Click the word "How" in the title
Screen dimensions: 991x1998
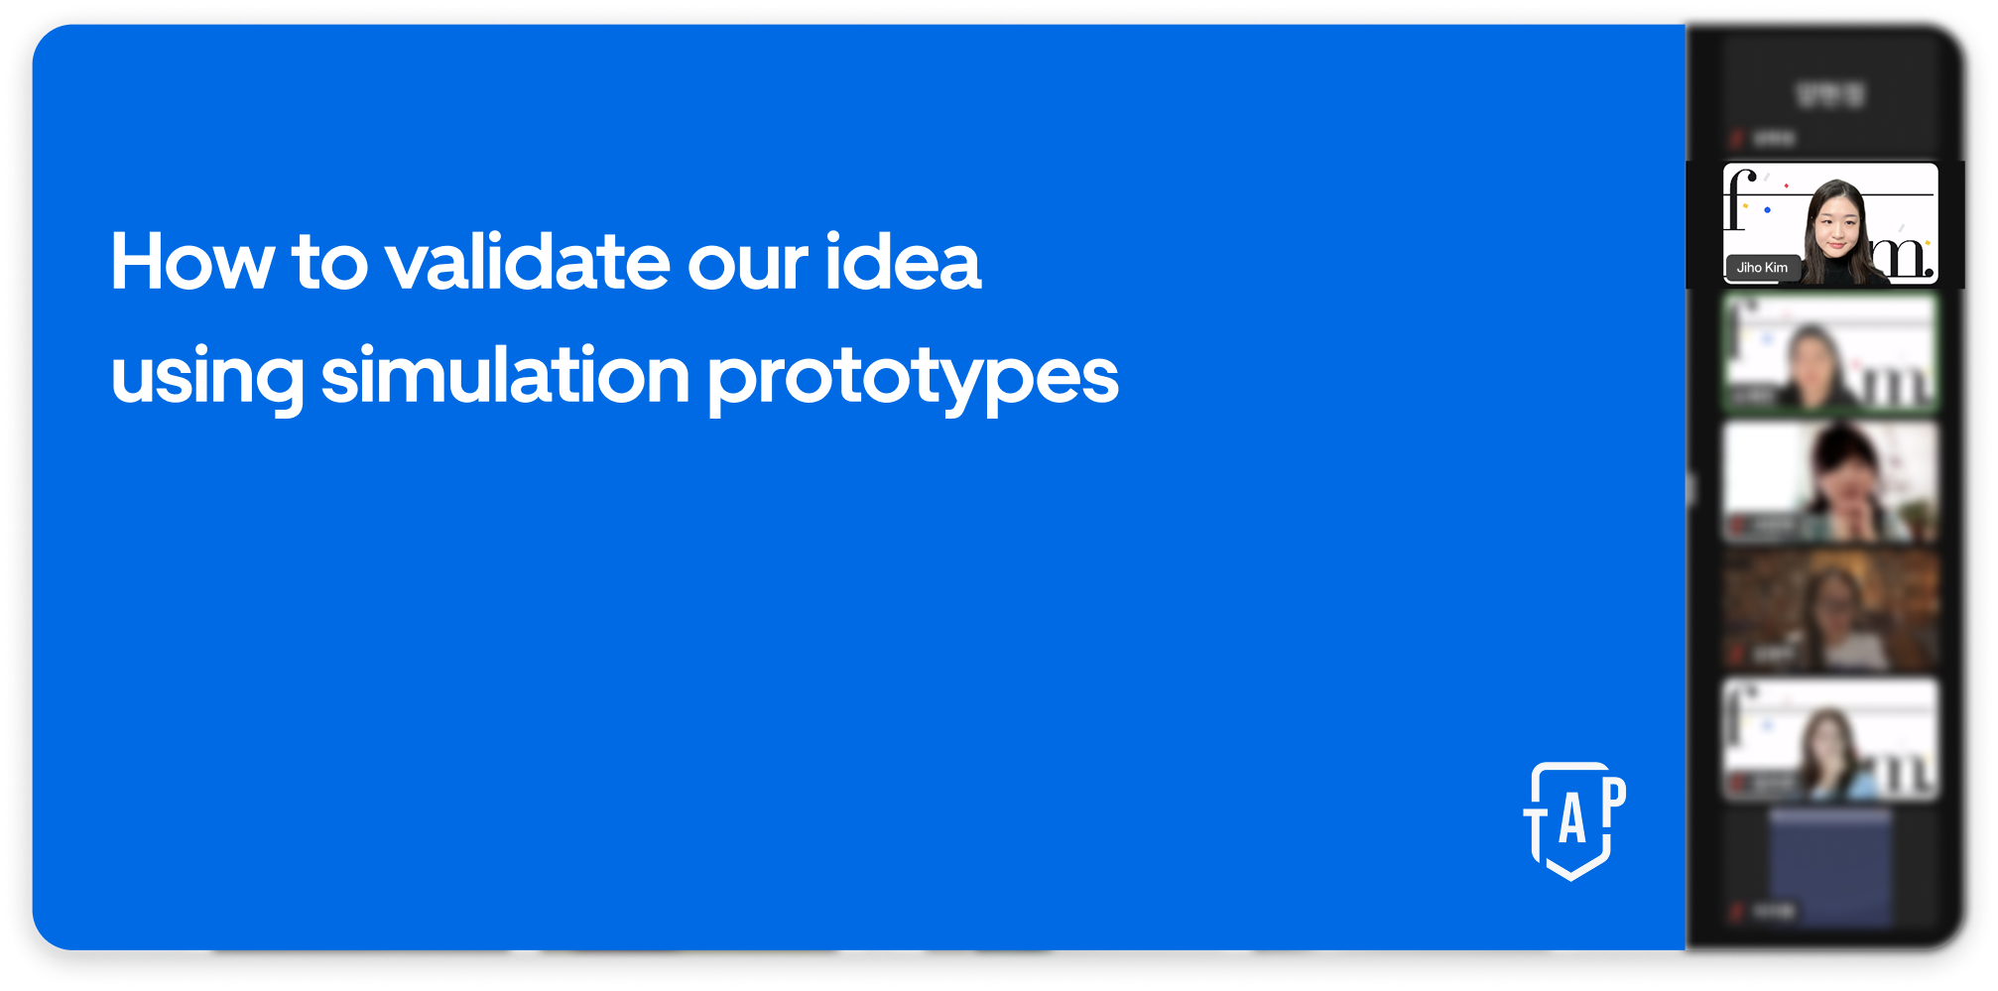(x=191, y=262)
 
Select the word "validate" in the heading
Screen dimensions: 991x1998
(x=527, y=262)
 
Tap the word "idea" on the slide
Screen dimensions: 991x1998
(x=903, y=262)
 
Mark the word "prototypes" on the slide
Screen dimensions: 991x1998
(x=912, y=379)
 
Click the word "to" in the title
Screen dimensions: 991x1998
(x=329, y=262)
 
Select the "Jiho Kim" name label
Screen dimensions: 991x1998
(x=1762, y=268)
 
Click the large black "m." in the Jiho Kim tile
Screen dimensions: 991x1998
(x=1906, y=256)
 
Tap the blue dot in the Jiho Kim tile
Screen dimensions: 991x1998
(x=1767, y=210)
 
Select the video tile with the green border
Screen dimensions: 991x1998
(x=1830, y=352)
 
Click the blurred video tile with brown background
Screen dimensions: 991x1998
(x=1830, y=611)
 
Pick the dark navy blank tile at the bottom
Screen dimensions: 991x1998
(x=1830, y=868)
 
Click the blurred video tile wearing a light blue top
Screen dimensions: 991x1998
(x=1830, y=739)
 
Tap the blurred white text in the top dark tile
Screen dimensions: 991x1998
(x=1830, y=95)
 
